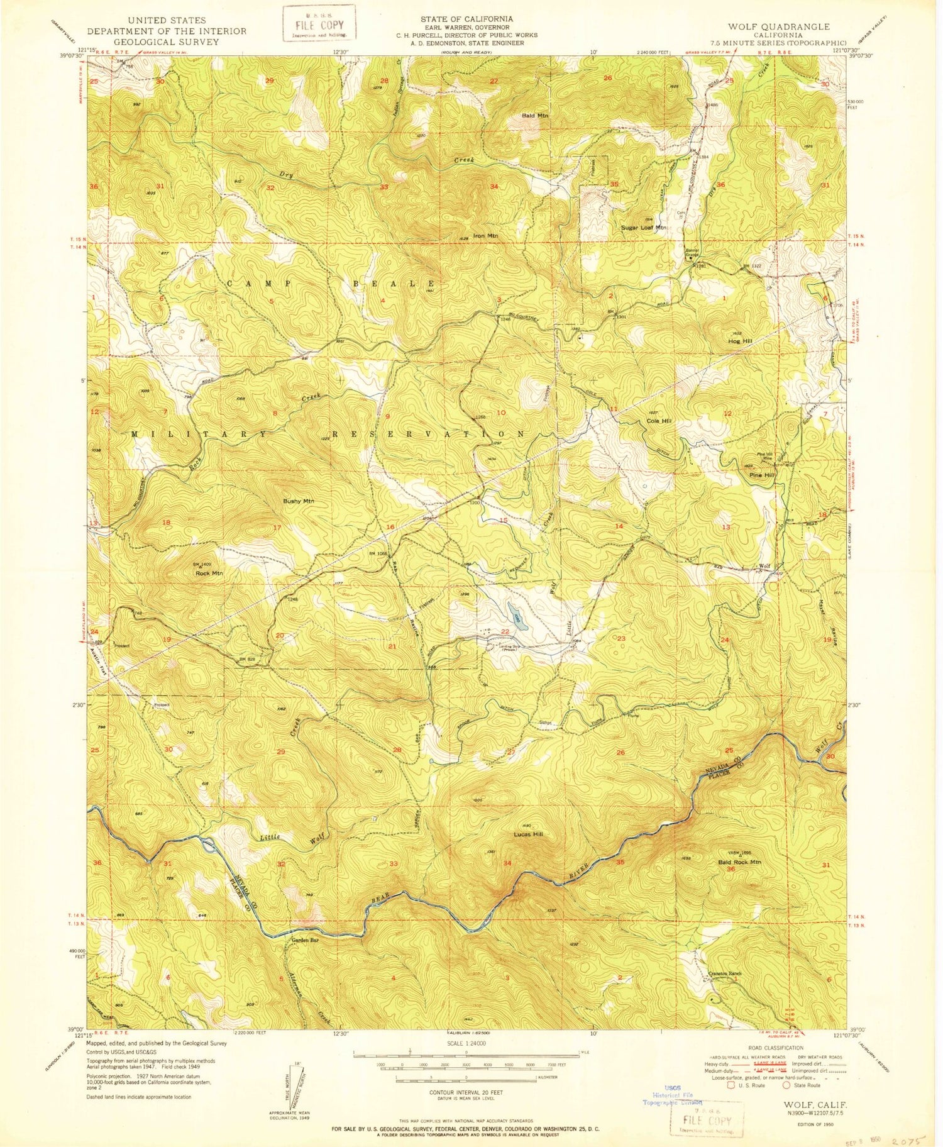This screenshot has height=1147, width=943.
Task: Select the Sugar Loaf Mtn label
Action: click(642, 228)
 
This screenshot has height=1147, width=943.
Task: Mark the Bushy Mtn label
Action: click(298, 501)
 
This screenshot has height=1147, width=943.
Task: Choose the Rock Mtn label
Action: click(209, 573)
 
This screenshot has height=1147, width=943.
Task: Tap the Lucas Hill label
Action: click(528, 834)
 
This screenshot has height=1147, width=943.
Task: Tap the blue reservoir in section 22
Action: click(516, 612)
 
